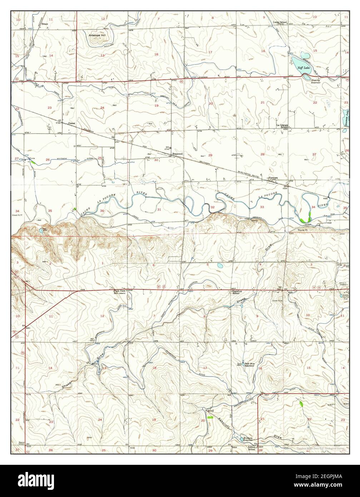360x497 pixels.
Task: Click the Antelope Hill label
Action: coord(97,35)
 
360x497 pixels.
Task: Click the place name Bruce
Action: coord(45,24)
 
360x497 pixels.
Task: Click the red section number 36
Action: coord(102,211)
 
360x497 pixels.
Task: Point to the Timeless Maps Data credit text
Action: coord(321,449)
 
